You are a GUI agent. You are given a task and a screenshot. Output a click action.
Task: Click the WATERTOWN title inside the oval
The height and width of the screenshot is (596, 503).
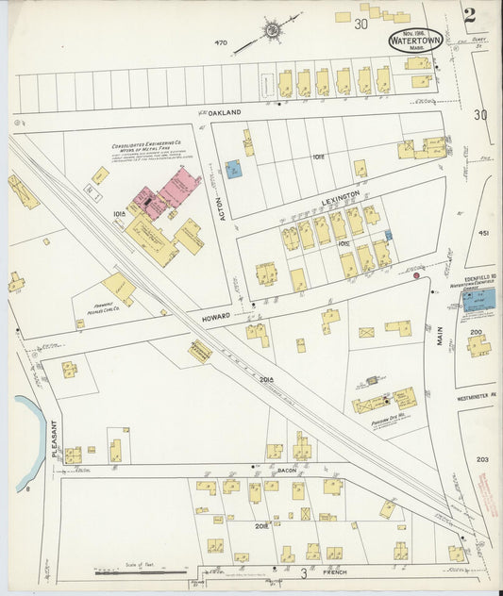(415, 41)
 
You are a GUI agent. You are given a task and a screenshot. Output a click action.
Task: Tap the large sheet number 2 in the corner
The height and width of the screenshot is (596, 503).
(469, 15)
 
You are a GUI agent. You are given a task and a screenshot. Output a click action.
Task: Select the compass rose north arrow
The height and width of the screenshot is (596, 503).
(272, 30)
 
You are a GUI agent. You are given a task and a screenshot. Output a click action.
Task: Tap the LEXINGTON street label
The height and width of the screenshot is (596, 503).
(341, 194)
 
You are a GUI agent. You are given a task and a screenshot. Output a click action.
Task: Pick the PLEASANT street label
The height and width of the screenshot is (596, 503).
(55, 439)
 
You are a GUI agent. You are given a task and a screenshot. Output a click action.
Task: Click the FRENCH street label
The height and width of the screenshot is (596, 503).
(335, 572)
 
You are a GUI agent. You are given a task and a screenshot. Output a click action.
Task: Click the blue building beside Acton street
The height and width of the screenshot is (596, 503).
(233, 170)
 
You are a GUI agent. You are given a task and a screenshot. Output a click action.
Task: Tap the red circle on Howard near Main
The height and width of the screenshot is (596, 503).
(416, 275)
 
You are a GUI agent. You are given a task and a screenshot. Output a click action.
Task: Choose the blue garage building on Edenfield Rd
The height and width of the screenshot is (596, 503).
(478, 300)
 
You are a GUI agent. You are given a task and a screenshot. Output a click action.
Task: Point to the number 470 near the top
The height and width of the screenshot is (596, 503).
(222, 42)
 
